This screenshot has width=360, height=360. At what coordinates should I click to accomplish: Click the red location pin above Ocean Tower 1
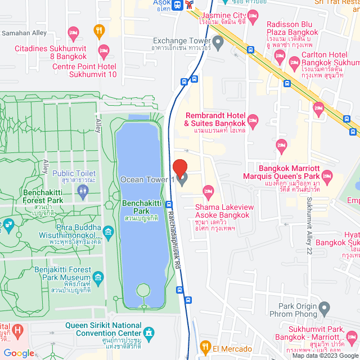[180, 168]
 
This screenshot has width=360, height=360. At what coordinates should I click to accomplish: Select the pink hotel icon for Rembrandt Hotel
[253, 119]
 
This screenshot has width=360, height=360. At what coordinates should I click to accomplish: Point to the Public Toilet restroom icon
[83, 190]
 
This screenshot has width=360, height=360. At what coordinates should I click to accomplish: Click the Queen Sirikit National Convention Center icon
[149, 332]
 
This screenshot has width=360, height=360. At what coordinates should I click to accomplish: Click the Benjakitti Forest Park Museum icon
[98, 277]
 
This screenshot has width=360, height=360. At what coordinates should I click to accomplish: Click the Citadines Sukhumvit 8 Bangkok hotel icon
[72, 33]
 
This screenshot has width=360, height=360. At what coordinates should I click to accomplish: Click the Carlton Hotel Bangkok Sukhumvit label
[328, 62]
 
